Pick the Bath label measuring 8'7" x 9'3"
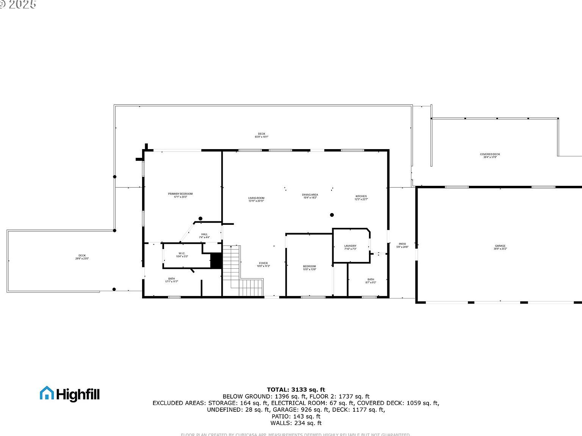(x=371, y=280)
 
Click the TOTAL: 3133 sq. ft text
(x=296, y=389)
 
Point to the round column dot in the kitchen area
(x=332, y=215)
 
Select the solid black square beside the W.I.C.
(x=216, y=261)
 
